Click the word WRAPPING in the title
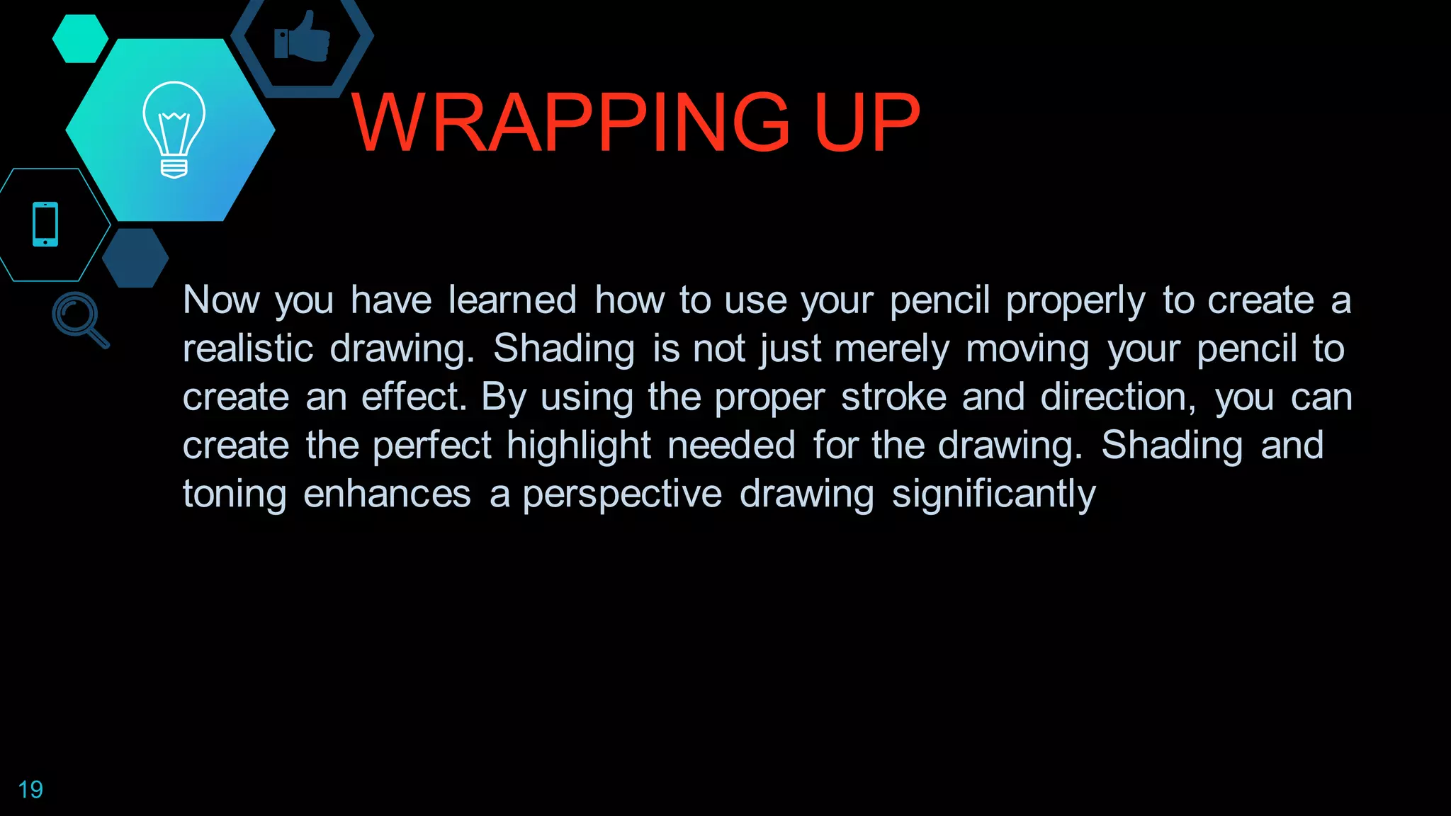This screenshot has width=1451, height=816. [x=570, y=123]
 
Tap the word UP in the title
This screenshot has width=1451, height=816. [x=867, y=123]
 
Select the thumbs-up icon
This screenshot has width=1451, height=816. [x=303, y=38]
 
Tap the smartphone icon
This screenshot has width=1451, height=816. [x=45, y=225]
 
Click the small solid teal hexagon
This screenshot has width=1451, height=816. [x=80, y=39]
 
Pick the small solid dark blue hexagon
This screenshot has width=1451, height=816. [x=135, y=258]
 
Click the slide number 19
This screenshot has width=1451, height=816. [x=30, y=790]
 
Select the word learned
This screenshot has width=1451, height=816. [x=512, y=300]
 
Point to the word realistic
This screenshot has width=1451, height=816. [x=248, y=349]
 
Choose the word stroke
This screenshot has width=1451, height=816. [x=893, y=397]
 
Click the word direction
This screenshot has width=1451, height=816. [x=1117, y=398]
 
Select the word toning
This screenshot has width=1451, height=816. [x=235, y=494]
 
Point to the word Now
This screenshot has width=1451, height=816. [x=222, y=300]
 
